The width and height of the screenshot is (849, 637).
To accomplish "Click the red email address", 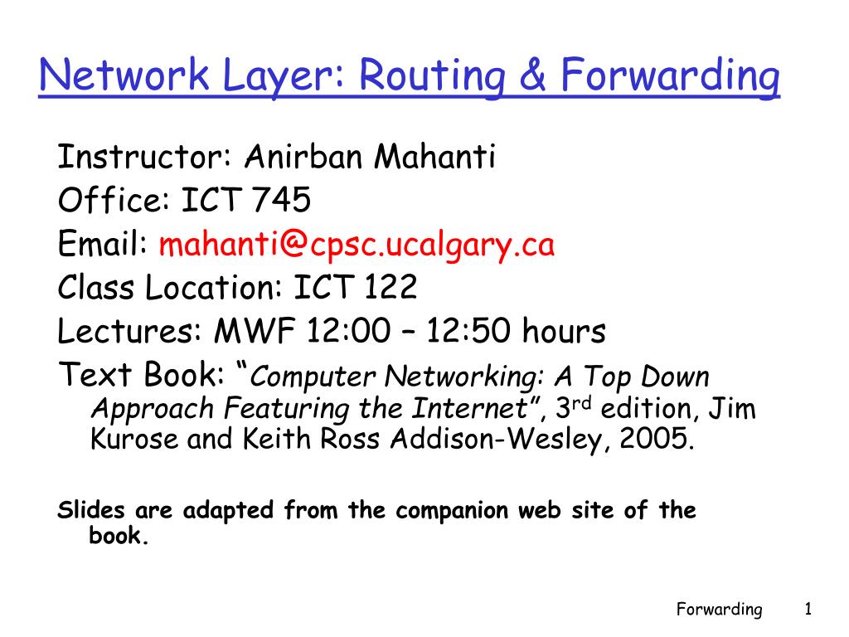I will point(357,246).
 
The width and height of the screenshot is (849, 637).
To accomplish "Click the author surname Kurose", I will point(133,439).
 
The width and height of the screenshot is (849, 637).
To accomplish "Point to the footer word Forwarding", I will point(719,610).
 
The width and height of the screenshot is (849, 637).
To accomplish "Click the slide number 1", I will point(808,610).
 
